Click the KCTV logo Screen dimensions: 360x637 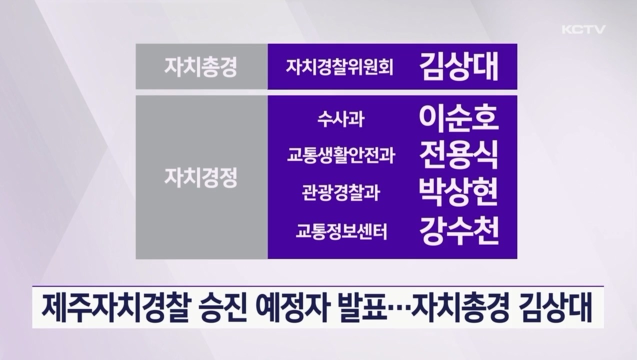[x=583, y=29]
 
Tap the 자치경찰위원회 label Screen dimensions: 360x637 [x=339, y=67]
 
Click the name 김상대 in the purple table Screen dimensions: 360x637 [x=458, y=67]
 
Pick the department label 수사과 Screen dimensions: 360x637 [x=339, y=120]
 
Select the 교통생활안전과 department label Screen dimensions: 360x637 [x=340, y=156]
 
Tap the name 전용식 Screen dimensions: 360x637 [x=458, y=155]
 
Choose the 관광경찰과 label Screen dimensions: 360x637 [x=340, y=192]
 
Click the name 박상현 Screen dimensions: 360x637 [x=458, y=192]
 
